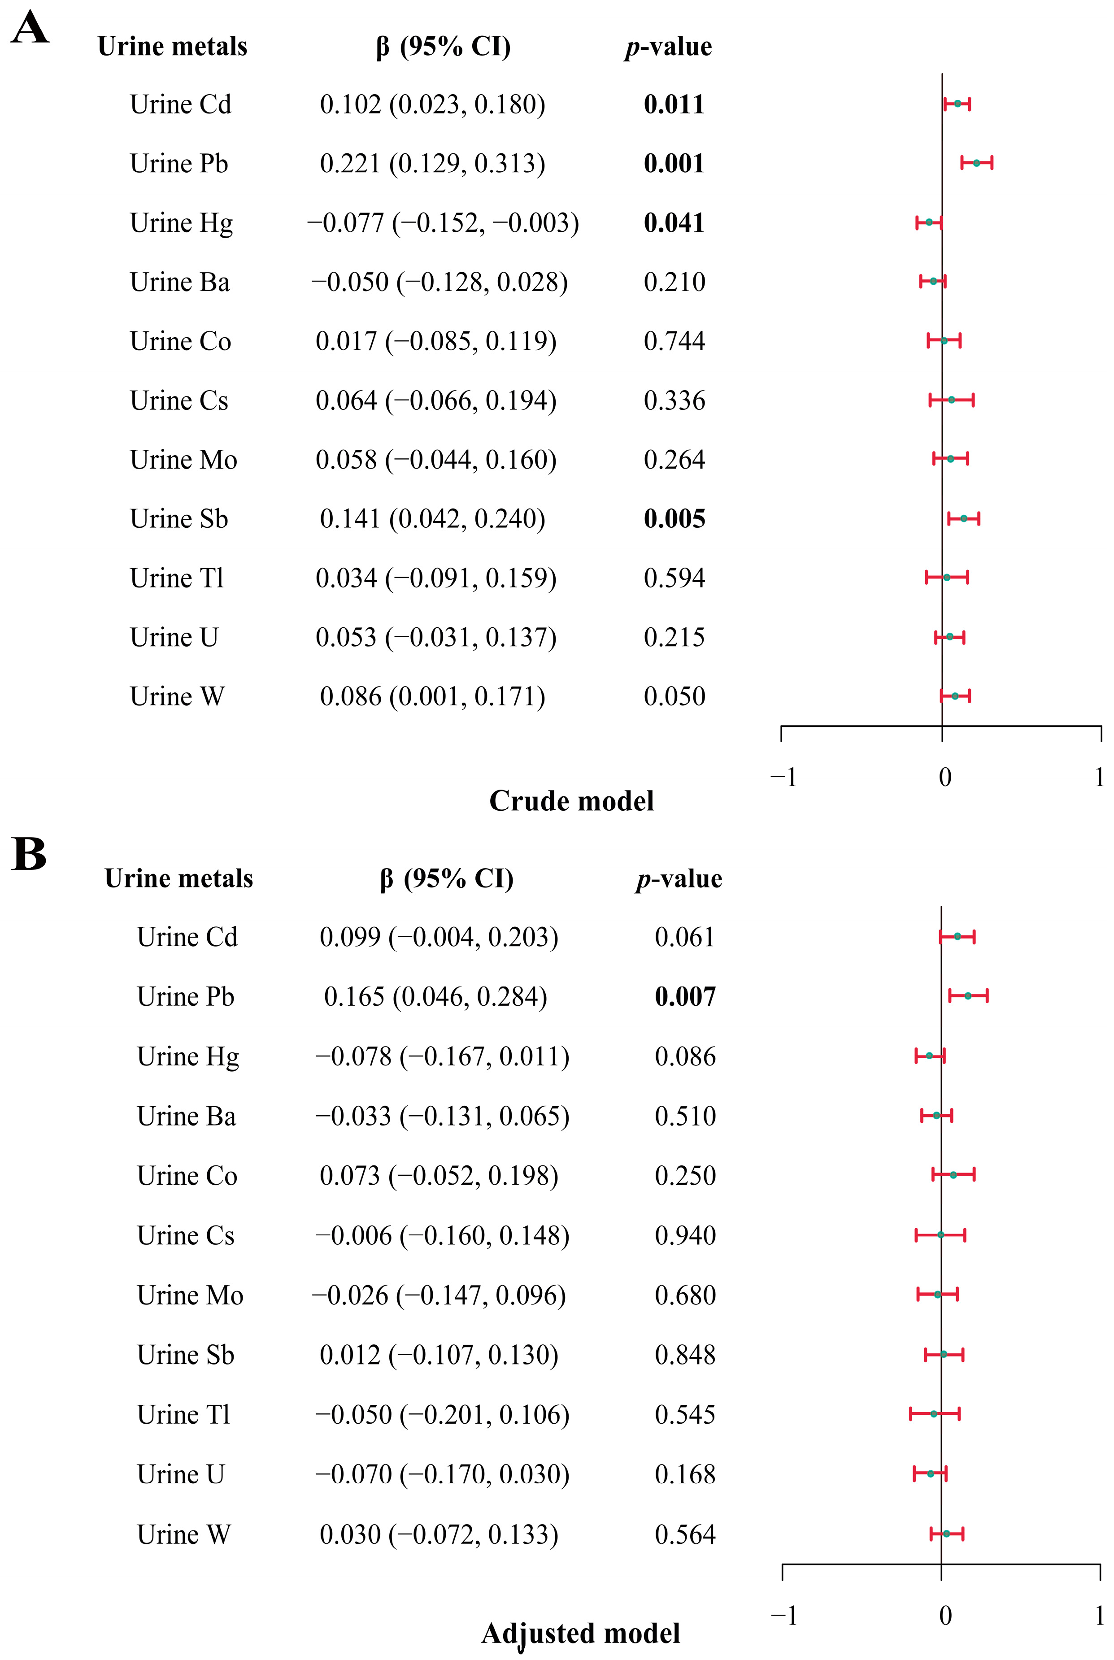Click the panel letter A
(x=30, y=30)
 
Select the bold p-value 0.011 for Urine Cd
(x=674, y=104)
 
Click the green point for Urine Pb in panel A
(x=976, y=163)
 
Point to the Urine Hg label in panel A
(x=181, y=223)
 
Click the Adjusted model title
(x=580, y=1633)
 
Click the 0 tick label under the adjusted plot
(x=945, y=1616)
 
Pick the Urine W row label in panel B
(x=183, y=1534)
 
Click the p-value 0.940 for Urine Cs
(x=685, y=1235)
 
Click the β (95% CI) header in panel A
(x=444, y=47)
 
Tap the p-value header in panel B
(x=679, y=879)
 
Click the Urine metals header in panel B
(x=178, y=879)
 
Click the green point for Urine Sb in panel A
(x=963, y=518)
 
